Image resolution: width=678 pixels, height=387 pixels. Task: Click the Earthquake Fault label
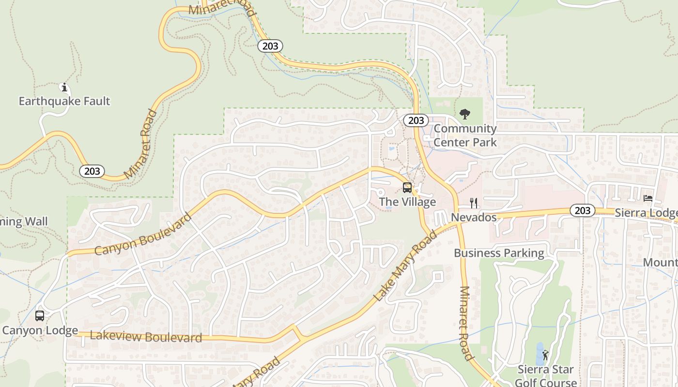pyautogui.click(x=64, y=101)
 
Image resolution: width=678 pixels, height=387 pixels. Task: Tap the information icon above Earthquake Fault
pyautogui.click(x=64, y=87)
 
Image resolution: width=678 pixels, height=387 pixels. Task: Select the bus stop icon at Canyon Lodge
pyautogui.click(x=40, y=316)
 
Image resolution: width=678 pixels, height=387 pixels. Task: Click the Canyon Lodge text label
pyautogui.click(x=40, y=331)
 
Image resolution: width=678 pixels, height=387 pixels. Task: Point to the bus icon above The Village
pyautogui.click(x=407, y=188)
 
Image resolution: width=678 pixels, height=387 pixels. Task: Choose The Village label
pyautogui.click(x=407, y=202)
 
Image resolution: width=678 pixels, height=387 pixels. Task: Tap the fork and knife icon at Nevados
pyautogui.click(x=474, y=203)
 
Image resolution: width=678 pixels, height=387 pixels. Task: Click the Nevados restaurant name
pyautogui.click(x=474, y=217)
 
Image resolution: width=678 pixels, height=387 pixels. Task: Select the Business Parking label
pyautogui.click(x=499, y=253)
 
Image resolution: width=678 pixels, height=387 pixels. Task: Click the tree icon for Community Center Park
pyautogui.click(x=465, y=115)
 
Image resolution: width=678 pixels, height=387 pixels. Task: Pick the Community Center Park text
pyautogui.click(x=465, y=135)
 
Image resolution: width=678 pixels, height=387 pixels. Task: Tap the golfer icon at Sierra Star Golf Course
pyautogui.click(x=546, y=355)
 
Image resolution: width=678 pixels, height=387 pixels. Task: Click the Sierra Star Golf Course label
pyautogui.click(x=545, y=376)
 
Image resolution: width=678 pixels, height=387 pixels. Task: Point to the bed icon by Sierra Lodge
pyautogui.click(x=648, y=198)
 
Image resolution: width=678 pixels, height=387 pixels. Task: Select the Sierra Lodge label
pyautogui.click(x=646, y=213)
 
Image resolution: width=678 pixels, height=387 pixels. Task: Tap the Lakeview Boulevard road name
pyautogui.click(x=146, y=337)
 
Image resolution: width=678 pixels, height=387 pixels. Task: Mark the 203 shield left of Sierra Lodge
pyautogui.click(x=582, y=210)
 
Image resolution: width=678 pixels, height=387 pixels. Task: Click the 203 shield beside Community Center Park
pyautogui.click(x=416, y=120)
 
